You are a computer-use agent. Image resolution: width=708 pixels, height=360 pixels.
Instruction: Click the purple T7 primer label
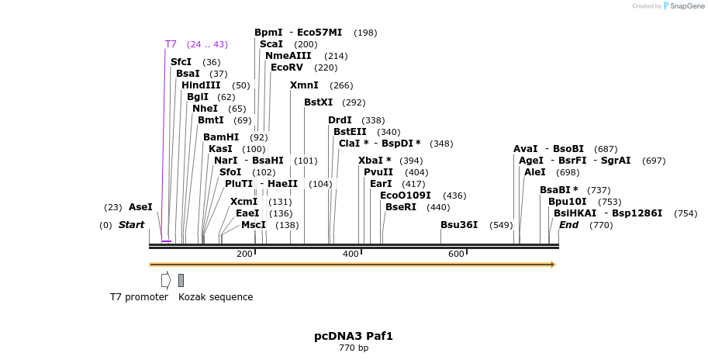point(171,44)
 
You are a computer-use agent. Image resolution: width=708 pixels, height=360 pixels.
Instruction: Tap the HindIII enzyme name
point(201,85)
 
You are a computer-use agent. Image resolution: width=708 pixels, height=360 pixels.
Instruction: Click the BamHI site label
point(221,137)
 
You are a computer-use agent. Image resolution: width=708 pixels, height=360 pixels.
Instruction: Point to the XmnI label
point(304,85)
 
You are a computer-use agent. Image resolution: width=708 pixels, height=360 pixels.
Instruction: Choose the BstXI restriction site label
point(318,102)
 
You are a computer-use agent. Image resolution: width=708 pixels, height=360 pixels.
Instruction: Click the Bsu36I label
point(459,225)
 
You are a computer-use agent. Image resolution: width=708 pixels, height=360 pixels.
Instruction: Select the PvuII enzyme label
point(378,172)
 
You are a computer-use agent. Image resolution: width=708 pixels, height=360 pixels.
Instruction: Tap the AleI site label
point(535,172)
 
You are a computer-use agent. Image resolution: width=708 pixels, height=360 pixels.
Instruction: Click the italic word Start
point(131,225)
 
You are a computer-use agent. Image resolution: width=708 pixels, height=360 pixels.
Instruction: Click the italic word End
point(568,225)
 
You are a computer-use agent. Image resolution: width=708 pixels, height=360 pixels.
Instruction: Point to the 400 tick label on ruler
point(351,254)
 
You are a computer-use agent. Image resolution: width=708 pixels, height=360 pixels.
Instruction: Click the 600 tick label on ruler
point(456,254)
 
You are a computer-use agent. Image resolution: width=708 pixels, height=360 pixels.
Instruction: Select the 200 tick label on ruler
point(244,254)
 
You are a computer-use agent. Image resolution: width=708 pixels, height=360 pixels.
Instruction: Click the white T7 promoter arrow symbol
point(166,280)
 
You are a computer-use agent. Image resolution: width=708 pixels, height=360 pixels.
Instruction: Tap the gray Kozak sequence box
point(181,280)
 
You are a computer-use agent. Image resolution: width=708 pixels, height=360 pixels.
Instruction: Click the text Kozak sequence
point(216,297)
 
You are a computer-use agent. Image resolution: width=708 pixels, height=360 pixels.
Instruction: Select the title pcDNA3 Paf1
point(354,336)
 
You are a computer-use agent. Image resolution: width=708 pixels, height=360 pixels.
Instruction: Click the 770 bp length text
point(354,348)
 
